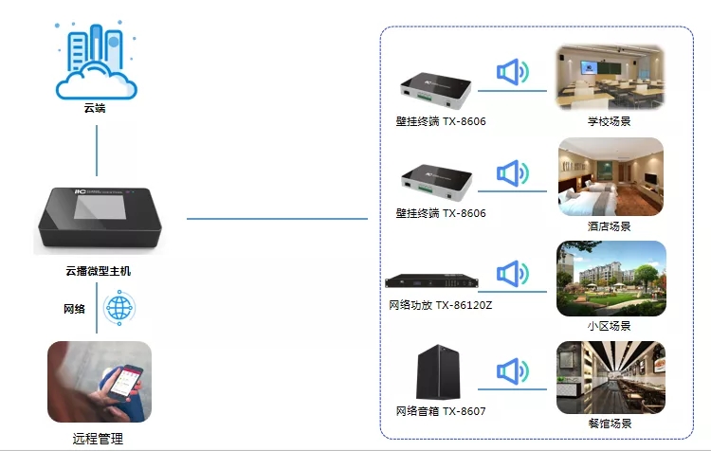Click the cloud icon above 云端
coord(95,63)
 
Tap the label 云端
coord(95,109)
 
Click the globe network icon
coord(119,308)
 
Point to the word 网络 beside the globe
coord(74,309)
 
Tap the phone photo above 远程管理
coord(99,382)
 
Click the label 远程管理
coord(98,439)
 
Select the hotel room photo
coord(610,178)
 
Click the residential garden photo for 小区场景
coord(610,278)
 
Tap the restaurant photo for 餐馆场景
coord(610,376)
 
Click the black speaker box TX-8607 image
coord(438,374)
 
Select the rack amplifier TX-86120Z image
coord(441,281)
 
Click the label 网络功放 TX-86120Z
coord(441,306)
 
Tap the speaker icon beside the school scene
coord(513,73)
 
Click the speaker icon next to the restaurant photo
coord(513,371)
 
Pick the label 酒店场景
coord(610,226)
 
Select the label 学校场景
coord(610,122)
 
